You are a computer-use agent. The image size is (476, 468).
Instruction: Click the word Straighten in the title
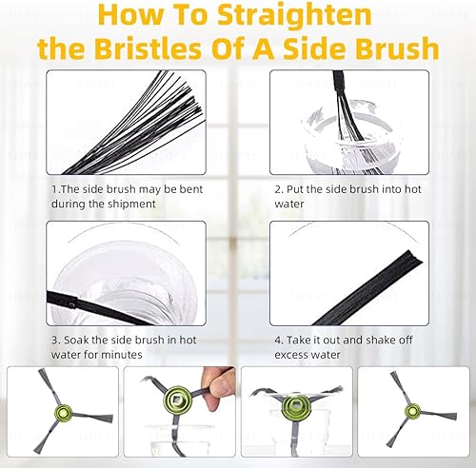[294, 16]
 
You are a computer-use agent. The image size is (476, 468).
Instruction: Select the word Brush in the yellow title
[397, 49]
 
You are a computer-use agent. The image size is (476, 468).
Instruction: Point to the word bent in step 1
[191, 189]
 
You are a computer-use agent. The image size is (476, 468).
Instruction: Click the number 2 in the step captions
[279, 189]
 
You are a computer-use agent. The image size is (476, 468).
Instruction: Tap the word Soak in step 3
[76, 341]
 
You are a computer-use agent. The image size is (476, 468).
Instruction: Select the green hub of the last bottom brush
[413, 411]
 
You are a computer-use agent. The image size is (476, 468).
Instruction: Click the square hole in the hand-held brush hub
[176, 399]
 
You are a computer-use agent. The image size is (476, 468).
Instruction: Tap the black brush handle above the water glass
[340, 83]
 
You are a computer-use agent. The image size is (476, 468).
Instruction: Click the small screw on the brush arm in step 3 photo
[72, 305]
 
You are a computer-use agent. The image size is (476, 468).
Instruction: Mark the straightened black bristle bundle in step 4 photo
[368, 288]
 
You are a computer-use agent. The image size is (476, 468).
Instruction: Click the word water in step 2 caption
[289, 204]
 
